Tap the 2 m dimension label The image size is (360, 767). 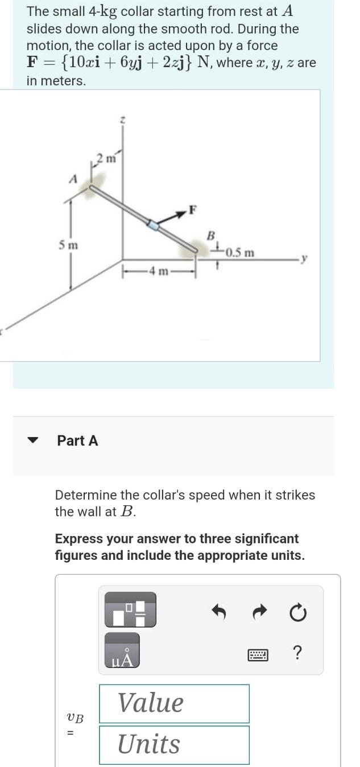coord(106,159)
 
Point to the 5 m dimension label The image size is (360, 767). coord(69,245)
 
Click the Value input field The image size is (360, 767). coord(174,703)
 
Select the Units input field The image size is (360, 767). coord(174,744)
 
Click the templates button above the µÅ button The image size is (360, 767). coord(130,611)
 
